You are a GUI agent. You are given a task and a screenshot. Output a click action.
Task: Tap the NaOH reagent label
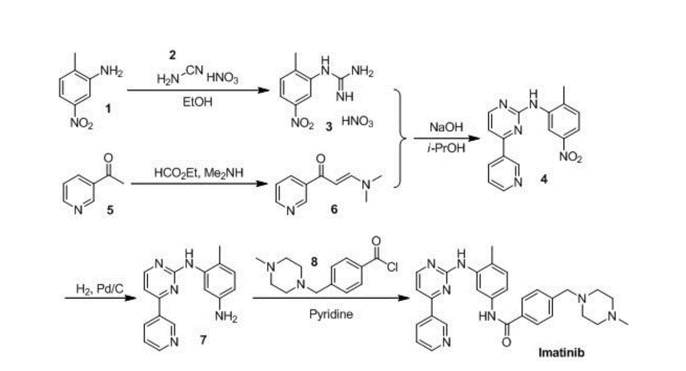(442, 128)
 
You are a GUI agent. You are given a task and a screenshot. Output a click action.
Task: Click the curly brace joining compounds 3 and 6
(401, 138)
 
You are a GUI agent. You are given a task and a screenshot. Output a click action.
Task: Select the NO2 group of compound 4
(571, 157)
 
